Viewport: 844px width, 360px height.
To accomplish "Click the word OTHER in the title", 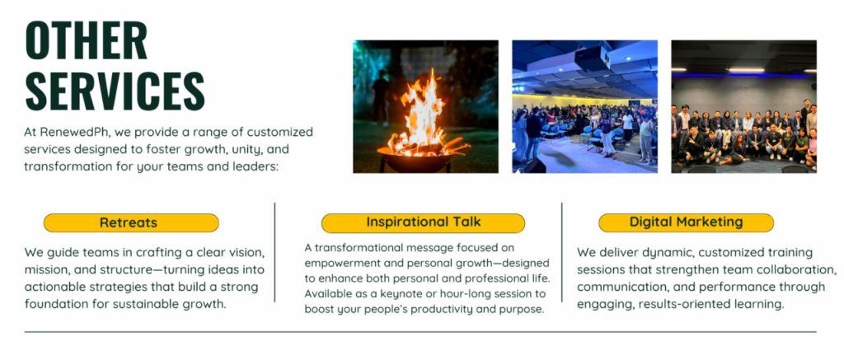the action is click(x=87, y=41).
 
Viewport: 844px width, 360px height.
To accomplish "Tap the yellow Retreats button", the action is click(x=131, y=222).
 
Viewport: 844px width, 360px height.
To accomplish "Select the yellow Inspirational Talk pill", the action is click(x=423, y=222).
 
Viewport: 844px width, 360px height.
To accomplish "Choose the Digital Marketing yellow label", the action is click(x=687, y=222).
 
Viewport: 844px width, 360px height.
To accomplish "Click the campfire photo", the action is click(x=426, y=106).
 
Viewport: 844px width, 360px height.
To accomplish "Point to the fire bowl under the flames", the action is click(x=415, y=159).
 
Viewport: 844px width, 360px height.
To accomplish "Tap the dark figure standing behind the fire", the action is click(x=381, y=97).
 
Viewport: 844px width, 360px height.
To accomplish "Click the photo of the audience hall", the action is click(x=584, y=106).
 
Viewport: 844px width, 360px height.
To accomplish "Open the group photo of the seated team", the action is click(x=744, y=106).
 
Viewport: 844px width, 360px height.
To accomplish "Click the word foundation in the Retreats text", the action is click(x=54, y=303).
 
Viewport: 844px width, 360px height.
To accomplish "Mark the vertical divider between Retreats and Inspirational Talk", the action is click(x=275, y=252).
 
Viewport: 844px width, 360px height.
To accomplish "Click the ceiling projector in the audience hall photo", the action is click(x=592, y=58).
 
